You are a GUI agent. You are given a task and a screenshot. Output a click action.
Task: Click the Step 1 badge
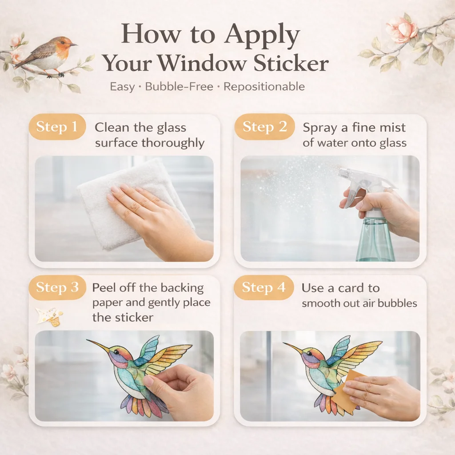coord(57,127)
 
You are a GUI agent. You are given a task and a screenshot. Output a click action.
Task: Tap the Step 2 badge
coord(264,127)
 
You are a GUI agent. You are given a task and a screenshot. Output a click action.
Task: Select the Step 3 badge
coord(57,287)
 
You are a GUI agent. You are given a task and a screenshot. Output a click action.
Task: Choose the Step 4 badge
coord(264,287)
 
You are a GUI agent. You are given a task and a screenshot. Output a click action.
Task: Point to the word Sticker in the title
coord(291,63)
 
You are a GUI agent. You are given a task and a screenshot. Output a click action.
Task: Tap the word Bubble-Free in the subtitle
coord(179,87)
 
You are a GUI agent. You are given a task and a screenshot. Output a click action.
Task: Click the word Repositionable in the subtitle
coord(264,87)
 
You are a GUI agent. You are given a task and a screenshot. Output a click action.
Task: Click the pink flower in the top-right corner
coord(402,28)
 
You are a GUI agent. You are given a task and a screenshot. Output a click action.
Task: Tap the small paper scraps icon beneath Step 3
coord(49,316)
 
